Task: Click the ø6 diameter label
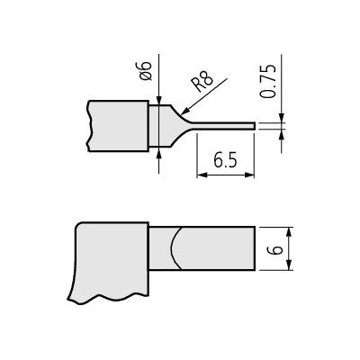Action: pos(146,71)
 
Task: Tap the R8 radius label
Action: pos(202,81)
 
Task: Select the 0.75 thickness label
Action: pos(267,81)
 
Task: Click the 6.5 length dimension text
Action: pos(225,160)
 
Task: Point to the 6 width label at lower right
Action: pos(276,249)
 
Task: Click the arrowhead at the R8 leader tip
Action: pos(184,112)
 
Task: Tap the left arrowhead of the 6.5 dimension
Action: pos(202,175)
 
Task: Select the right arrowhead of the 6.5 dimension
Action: pos(249,175)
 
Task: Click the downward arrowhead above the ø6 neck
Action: pos(158,100)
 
